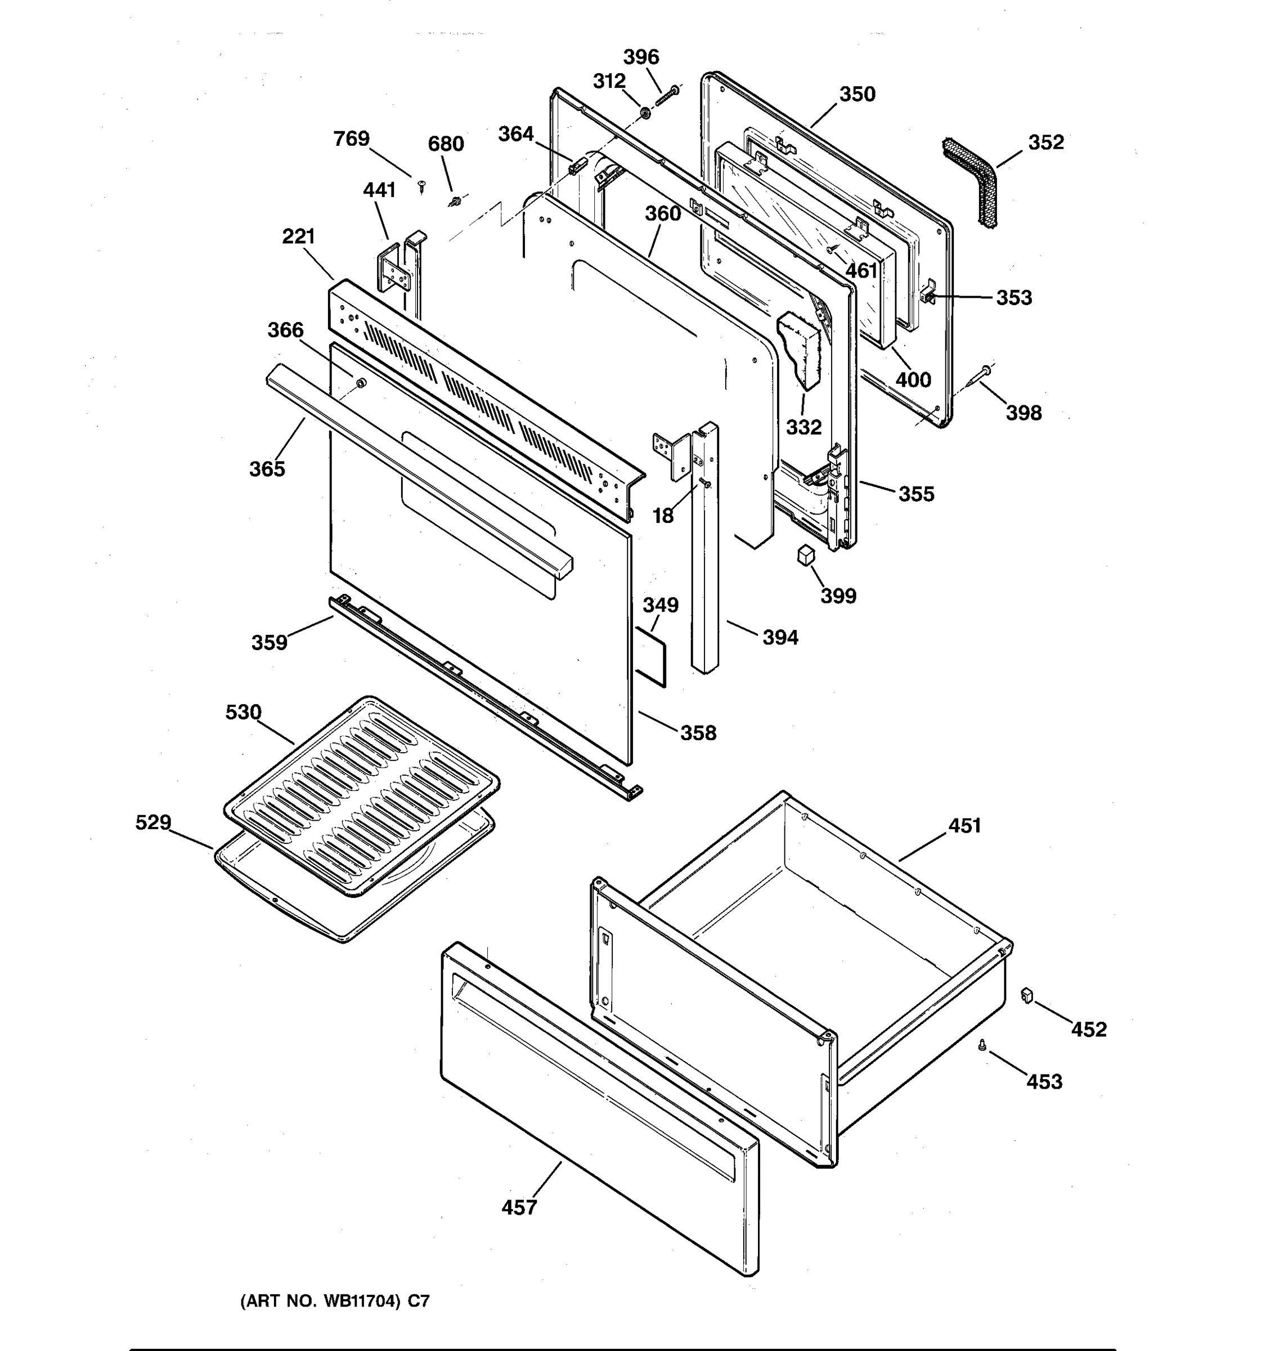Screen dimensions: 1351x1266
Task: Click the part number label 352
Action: pos(1045,143)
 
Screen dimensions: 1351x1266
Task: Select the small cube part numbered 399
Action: pos(806,554)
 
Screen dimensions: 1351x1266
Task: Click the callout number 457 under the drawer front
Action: pos(519,1207)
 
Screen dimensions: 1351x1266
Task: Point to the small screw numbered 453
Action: pos(981,1046)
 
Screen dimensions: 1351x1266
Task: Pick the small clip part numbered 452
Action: pos(1026,996)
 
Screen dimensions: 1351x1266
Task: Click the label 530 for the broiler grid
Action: pos(243,712)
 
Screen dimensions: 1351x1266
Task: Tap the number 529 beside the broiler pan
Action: pos(153,822)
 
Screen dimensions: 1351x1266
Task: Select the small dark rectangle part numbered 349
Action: pos(650,656)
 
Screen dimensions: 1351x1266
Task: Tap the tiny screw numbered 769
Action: pos(421,185)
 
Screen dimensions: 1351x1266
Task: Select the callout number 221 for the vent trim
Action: pos(298,236)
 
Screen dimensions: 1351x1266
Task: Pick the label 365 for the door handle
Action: pos(267,469)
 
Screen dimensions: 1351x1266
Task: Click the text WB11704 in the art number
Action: pos(361,1301)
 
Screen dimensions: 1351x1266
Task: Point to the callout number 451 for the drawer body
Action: pos(964,826)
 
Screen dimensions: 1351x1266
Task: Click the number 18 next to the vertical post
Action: pos(663,516)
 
